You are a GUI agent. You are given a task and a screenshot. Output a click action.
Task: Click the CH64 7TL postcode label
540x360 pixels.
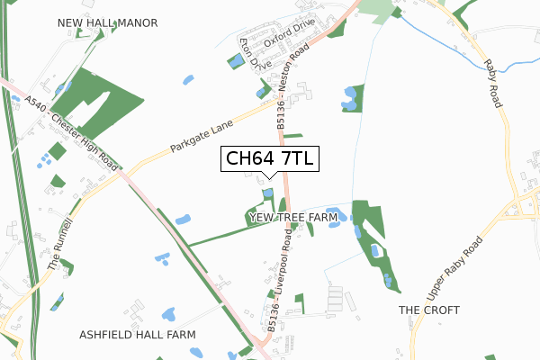pos(268,159)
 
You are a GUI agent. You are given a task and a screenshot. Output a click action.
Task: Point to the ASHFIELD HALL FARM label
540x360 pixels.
pos(138,334)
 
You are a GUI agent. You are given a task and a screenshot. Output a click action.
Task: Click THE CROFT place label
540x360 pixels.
pos(429,310)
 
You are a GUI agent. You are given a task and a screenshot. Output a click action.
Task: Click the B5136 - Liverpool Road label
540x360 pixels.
pos(280,280)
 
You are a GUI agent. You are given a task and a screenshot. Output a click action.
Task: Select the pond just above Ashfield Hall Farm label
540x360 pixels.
pos(167,315)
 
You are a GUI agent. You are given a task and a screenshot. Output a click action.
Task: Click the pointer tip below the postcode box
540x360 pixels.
pos(268,176)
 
